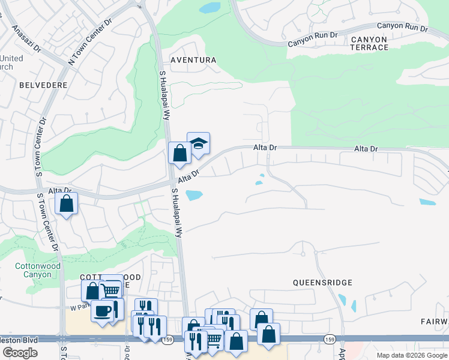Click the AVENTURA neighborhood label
point(193,60)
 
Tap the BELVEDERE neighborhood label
point(43,85)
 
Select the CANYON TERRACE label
point(370,43)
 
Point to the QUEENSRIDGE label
point(322,282)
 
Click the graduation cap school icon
point(198,144)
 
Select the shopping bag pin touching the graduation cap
point(179,154)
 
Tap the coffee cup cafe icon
point(102,311)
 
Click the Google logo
point(20,353)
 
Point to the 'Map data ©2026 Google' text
point(412,355)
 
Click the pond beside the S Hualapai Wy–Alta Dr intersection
point(194,195)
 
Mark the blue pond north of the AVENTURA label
point(210,8)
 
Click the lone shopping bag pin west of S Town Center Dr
point(67,203)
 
